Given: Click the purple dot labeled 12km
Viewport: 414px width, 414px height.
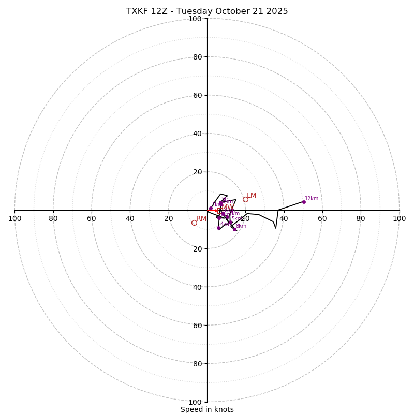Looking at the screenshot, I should (304, 202).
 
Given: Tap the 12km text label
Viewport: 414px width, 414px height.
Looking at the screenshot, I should (312, 199).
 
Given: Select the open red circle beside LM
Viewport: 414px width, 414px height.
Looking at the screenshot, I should (245, 199).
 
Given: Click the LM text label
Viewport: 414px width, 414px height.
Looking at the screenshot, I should (252, 196).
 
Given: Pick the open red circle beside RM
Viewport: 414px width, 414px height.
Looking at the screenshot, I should (194, 223).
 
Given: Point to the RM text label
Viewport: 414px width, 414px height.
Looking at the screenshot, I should (201, 219).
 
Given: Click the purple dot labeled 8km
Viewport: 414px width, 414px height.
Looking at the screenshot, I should (234, 229).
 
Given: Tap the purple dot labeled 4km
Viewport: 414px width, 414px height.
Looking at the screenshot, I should (218, 228).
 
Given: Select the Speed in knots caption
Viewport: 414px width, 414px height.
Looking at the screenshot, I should (207, 410).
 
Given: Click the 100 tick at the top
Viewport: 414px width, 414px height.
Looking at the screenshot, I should (195, 19).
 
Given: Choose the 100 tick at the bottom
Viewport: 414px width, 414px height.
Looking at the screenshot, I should (195, 402).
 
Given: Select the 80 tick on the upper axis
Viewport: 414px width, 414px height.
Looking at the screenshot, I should (197, 57).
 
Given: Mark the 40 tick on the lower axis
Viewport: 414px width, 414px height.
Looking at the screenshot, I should (197, 287).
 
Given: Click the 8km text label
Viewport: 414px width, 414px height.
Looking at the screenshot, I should (241, 226).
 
